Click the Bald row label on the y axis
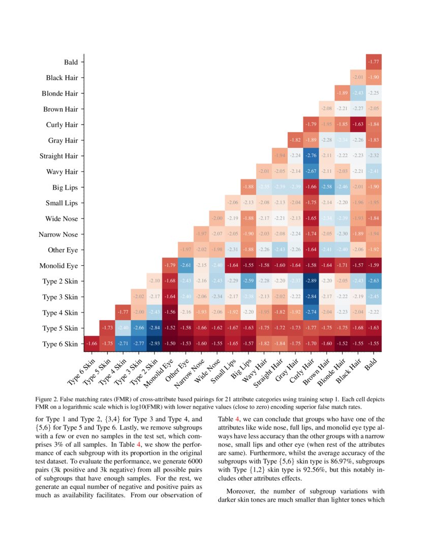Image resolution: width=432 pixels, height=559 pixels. point(71,62)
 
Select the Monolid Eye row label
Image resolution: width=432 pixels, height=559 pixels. point(58,266)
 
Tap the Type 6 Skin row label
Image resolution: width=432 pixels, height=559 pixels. point(60,344)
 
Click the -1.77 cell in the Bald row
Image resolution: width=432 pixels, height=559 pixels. point(374,62)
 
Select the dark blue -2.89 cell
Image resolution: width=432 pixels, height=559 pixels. point(311,282)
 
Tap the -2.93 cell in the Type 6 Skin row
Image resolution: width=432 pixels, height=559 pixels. point(154,344)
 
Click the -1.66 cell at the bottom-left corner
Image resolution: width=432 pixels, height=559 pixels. point(91,344)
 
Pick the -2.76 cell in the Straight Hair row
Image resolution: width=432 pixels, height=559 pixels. point(311,156)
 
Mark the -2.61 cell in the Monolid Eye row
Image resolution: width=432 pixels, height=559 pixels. point(186,266)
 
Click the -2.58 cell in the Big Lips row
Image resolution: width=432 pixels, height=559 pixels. point(326,188)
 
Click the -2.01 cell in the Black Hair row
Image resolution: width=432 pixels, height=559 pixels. point(358,78)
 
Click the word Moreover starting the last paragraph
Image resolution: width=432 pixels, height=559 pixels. point(241,491)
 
